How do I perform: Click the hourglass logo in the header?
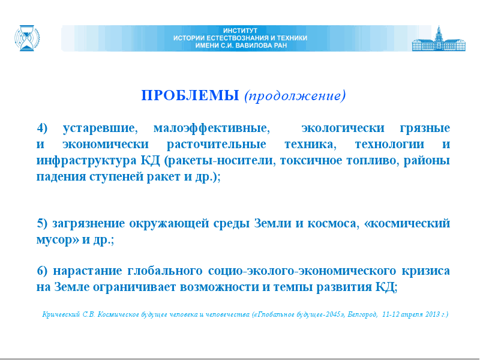coord(27,38)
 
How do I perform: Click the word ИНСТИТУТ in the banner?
coord(240,31)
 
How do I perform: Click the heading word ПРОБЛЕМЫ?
coord(190,95)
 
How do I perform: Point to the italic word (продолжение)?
coord(295,95)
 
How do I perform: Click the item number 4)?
coord(42,128)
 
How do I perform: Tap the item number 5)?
coord(42,223)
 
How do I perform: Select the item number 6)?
coord(42,271)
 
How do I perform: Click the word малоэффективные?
coord(212,128)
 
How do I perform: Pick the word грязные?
coord(425,128)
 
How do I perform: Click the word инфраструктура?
coord(86,160)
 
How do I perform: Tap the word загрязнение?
coord(89,223)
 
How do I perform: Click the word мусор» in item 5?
coord(57,239)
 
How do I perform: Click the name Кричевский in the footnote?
coord(61,314)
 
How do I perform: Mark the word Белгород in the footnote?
coord(362,314)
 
